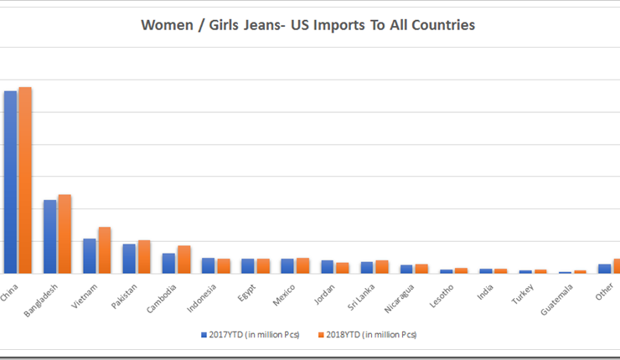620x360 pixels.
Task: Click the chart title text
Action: (307, 25)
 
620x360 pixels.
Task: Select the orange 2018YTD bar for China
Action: (25, 180)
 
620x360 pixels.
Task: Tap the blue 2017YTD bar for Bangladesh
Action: (50, 236)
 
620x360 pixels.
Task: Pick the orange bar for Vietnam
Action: (104, 249)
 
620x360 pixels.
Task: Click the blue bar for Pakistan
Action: (129, 258)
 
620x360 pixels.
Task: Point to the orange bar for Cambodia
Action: (183, 259)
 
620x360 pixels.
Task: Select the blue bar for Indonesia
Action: (208, 265)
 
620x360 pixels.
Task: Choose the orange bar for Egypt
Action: (262, 265)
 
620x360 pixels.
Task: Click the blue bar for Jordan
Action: (327, 266)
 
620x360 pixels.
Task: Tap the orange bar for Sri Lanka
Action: (381, 266)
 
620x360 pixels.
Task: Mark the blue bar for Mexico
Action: (287, 265)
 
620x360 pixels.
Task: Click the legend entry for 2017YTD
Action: (250, 335)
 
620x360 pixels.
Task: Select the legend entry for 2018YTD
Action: (368, 335)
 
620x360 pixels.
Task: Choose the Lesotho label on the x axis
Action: (443, 296)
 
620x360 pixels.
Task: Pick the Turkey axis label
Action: (524, 293)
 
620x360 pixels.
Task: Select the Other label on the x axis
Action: (604, 291)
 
